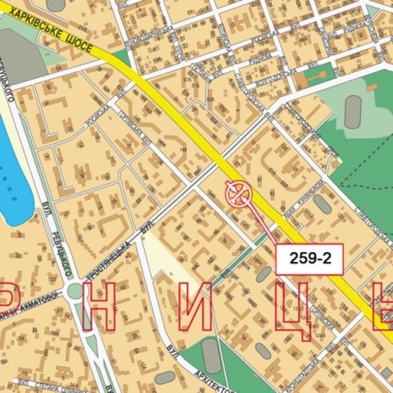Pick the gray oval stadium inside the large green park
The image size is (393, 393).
point(353,111)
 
